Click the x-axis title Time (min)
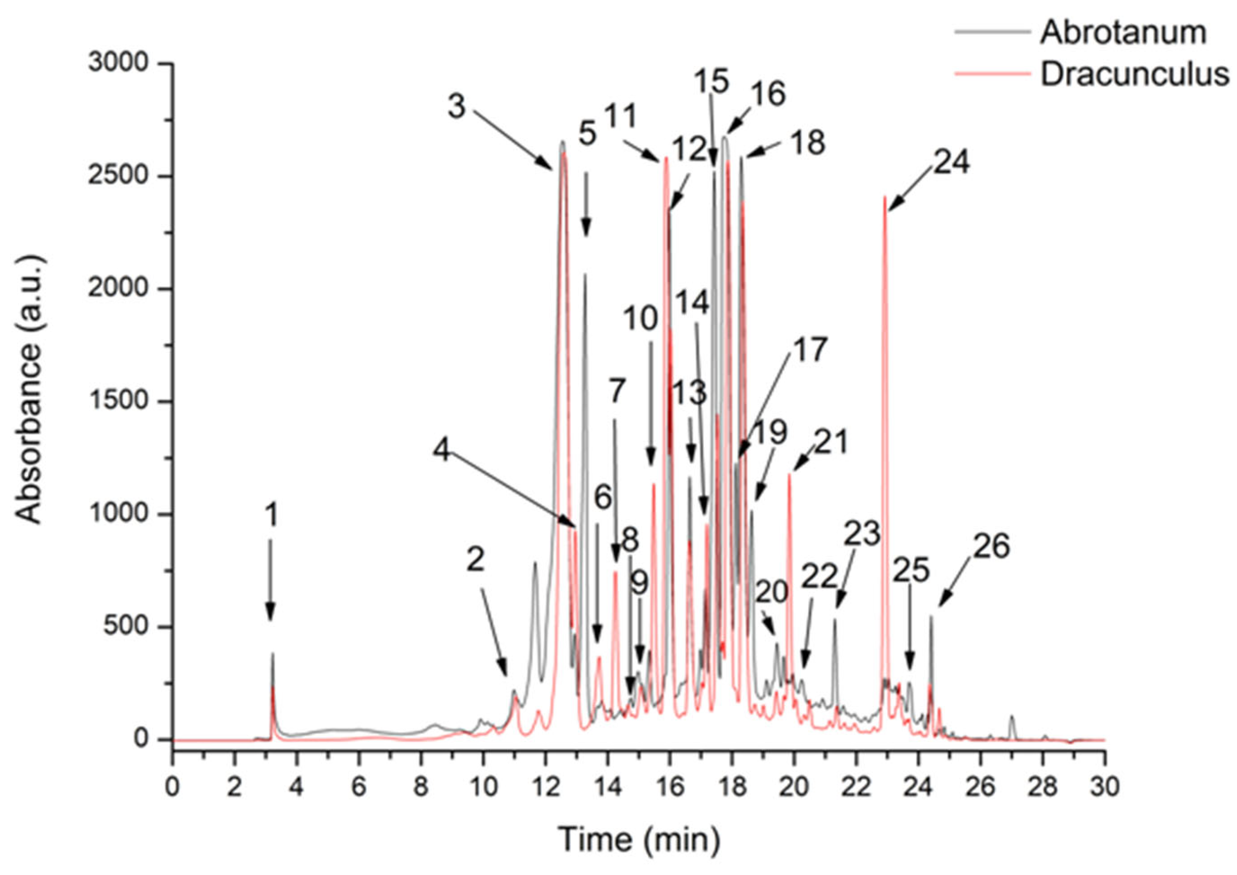point(639,839)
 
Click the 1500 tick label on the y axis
point(118,402)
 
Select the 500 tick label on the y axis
point(126,628)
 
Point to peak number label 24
point(952,162)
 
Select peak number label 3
point(456,107)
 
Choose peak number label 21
point(831,443)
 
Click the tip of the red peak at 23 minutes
point(885,197)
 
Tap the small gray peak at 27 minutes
point(1012,717)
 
